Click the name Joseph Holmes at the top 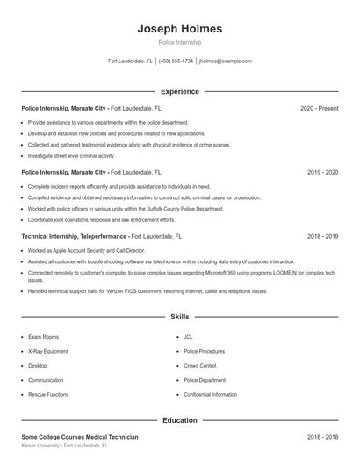[179, 29]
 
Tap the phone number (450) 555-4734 [176, 61]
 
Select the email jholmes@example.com [226, 61]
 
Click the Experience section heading [179, 91]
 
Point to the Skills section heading [179, 316]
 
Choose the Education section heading [179, 420]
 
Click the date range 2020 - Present [319, 108]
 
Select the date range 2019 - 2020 [322, 173]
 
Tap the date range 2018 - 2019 [322, 237]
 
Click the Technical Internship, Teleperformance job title [75, 237]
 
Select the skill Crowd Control [199, 366]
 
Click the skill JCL [188, 337]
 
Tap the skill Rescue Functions [48, 395]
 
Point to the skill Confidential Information [210, 395]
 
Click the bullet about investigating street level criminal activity [77, 154]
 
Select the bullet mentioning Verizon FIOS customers [147, 291]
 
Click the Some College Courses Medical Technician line [79, 437]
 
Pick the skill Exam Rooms [43, 337]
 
